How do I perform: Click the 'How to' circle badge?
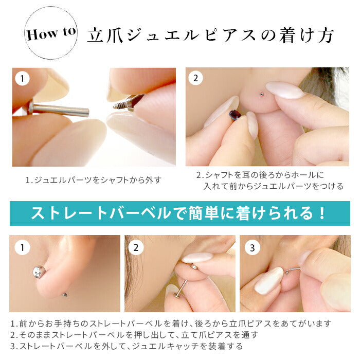point(51,33)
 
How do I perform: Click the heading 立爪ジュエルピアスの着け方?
point(210,35)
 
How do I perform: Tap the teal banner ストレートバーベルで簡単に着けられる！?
point(180,213)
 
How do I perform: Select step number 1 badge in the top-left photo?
point(22,79)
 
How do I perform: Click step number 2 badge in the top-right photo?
point(195,78)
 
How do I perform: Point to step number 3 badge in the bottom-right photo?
point(253,247)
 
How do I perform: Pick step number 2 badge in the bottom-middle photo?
point(136,247)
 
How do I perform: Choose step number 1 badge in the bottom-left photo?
point(22,247)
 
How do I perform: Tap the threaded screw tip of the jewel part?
point(119,105)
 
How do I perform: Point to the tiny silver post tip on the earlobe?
point(261,94)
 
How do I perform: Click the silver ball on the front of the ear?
point(39,272)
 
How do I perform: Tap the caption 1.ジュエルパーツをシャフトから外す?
point(93,180)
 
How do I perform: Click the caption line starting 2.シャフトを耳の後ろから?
point(260,175)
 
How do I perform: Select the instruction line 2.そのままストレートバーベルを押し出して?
point(134,335)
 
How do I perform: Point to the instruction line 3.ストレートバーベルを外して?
point(127,346)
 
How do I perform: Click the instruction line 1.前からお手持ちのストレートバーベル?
point(171,323)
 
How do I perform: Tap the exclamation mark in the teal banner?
point(322,213)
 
